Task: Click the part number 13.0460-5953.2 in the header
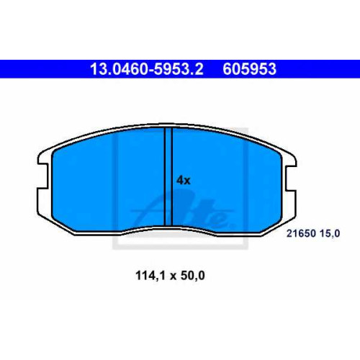click(x=147, y=69)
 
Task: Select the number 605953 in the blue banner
click(x=250, y=69)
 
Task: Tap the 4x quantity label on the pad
click(x=184, y=180)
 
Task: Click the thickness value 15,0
click(x=330, y=233)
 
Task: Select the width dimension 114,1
click(x=150, y=276)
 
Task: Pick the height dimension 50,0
click(x=193, y=276)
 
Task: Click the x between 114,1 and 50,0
click(x=173, y=276)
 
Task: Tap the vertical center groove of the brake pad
click(x=168, y=177)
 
